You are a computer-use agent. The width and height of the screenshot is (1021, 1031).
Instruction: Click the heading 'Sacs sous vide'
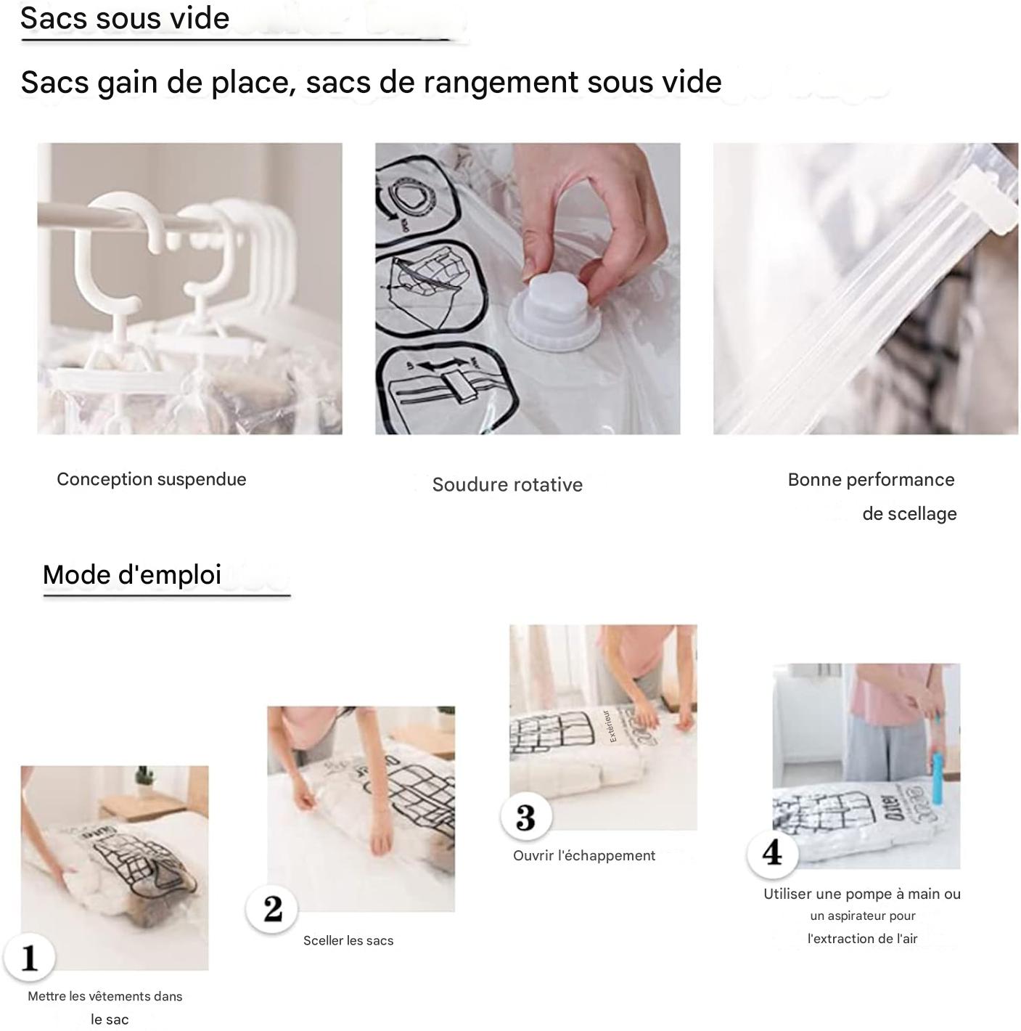click(125, 18)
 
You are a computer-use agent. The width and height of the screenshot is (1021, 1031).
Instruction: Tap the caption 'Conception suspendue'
click(151, 479)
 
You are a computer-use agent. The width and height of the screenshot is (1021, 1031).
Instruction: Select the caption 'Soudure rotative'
click(507, 485)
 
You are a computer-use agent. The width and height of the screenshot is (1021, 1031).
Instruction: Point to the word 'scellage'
click(909, 514)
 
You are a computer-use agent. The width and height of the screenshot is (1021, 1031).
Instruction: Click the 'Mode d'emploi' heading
click(132, 575)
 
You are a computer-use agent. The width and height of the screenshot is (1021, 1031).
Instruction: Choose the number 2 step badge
click(272, 908)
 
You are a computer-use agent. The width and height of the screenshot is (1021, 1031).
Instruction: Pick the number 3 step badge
click(525, 817)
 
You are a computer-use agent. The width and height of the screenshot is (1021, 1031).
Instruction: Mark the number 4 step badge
click(773, 852)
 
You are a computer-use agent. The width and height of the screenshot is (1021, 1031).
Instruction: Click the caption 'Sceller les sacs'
click(348, 941)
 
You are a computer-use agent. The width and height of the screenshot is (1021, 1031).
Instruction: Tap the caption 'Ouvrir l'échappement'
click(583, 856)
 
